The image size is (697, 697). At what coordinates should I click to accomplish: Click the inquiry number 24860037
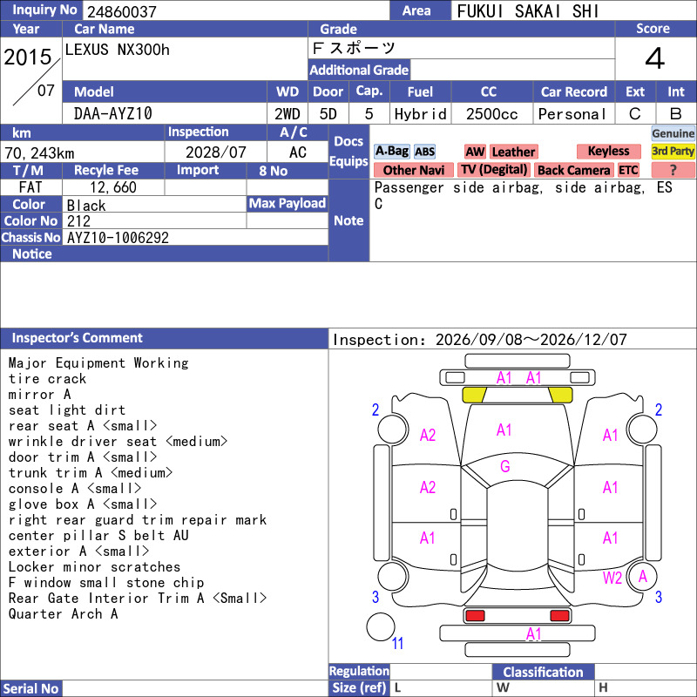pos(122,11)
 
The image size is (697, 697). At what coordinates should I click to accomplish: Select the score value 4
pos(655,58)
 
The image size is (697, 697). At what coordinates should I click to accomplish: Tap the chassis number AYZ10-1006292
pos(118,238)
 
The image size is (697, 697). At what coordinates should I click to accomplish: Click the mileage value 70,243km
pos(39,153)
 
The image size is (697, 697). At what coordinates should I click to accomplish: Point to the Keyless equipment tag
pos(608,152)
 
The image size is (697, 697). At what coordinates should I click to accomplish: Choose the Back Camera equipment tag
pos(574,170)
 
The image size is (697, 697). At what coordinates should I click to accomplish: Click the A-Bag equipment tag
pos(391,152)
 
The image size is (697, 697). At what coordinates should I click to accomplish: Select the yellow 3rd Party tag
pos(673,152)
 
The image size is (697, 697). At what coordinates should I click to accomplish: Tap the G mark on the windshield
pos(505,466)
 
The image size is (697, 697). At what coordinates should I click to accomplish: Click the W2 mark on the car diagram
pos(612,578)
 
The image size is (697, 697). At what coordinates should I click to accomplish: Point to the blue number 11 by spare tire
pos(397,643)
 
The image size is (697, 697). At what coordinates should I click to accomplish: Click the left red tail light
pos(475,616)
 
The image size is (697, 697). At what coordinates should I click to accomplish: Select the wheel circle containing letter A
pos(642,576)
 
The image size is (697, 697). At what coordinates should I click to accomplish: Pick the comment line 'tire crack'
pos(47,379)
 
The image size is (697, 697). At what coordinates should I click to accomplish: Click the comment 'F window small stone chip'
pos(106,582)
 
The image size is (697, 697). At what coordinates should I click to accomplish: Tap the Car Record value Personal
pos(572,114)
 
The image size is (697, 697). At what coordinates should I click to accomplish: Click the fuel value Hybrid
pos(420,114)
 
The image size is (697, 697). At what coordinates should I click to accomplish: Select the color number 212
pos(78,221)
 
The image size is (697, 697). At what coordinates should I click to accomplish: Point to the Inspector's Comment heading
pos(78,338)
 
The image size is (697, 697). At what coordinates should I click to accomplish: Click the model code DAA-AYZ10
pos(113,114)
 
